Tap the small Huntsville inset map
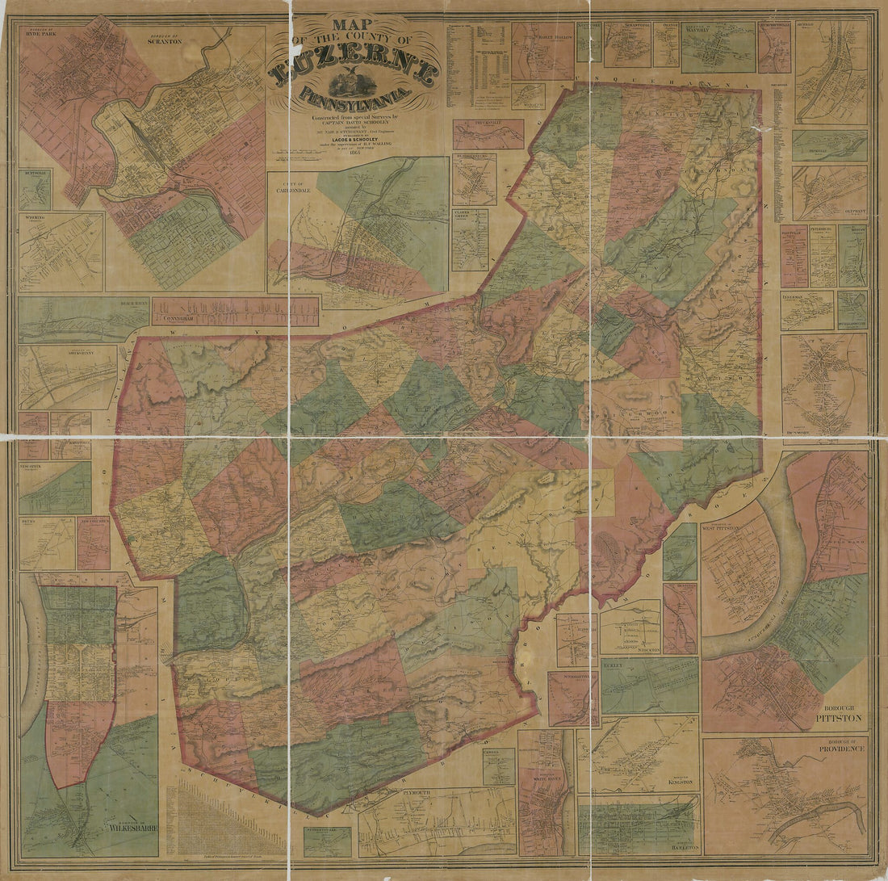tap(35, 190)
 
